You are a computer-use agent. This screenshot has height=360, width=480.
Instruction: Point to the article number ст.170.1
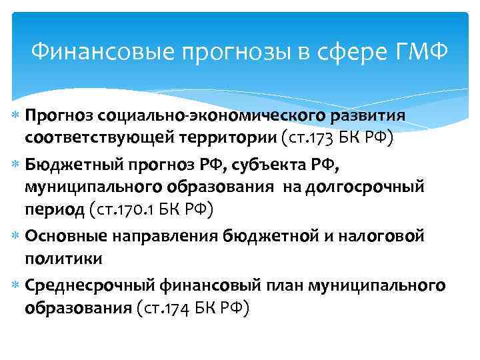pos(130,210)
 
